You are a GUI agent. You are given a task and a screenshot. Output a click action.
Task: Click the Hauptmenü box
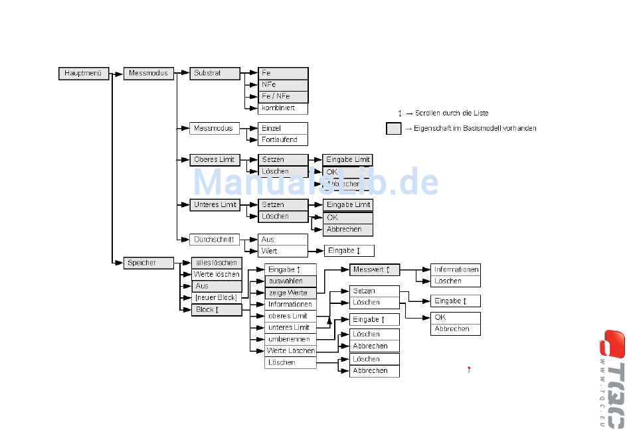pyautogui.click(x=83, y=73)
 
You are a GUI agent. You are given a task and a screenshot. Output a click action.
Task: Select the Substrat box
pyautogui.click(x=215, y=73)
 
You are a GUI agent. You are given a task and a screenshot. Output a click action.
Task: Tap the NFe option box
pyautogui.click(x=283, y=85)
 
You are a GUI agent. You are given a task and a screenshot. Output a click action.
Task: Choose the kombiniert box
pyautogui.click(x=283, y=108)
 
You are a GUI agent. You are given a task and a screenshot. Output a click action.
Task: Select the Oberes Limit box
pyautogui.click(x=215, y=159)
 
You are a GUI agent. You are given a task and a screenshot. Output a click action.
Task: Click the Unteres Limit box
pyautogui.click(x=215, y=204)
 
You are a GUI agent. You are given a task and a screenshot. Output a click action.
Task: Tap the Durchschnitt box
pyautogui.click(x=215, y=239)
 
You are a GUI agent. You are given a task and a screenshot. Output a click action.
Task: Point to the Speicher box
pyautogui.click(x=149, y=263)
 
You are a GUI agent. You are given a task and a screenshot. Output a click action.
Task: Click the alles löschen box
pyautogui.click(x=217, y=263)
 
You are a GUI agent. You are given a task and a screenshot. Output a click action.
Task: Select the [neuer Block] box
pyautogui.click(x=217, y=297)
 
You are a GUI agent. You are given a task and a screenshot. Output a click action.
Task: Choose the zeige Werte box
pyautogui.click(x=291, y=293)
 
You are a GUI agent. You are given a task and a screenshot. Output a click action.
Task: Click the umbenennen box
pyautogui.click(x=290, y=339)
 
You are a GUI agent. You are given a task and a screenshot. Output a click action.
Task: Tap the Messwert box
pyautogui.click(x=375, y=270)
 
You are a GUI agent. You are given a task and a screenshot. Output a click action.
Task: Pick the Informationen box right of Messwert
pyautogui.click(x=456, y=269)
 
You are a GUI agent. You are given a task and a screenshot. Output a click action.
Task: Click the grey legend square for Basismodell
pyautogui.click(x=394, y=129)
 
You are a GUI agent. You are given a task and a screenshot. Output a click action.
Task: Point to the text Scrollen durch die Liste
pyautogui.click(x=452, y=113)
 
